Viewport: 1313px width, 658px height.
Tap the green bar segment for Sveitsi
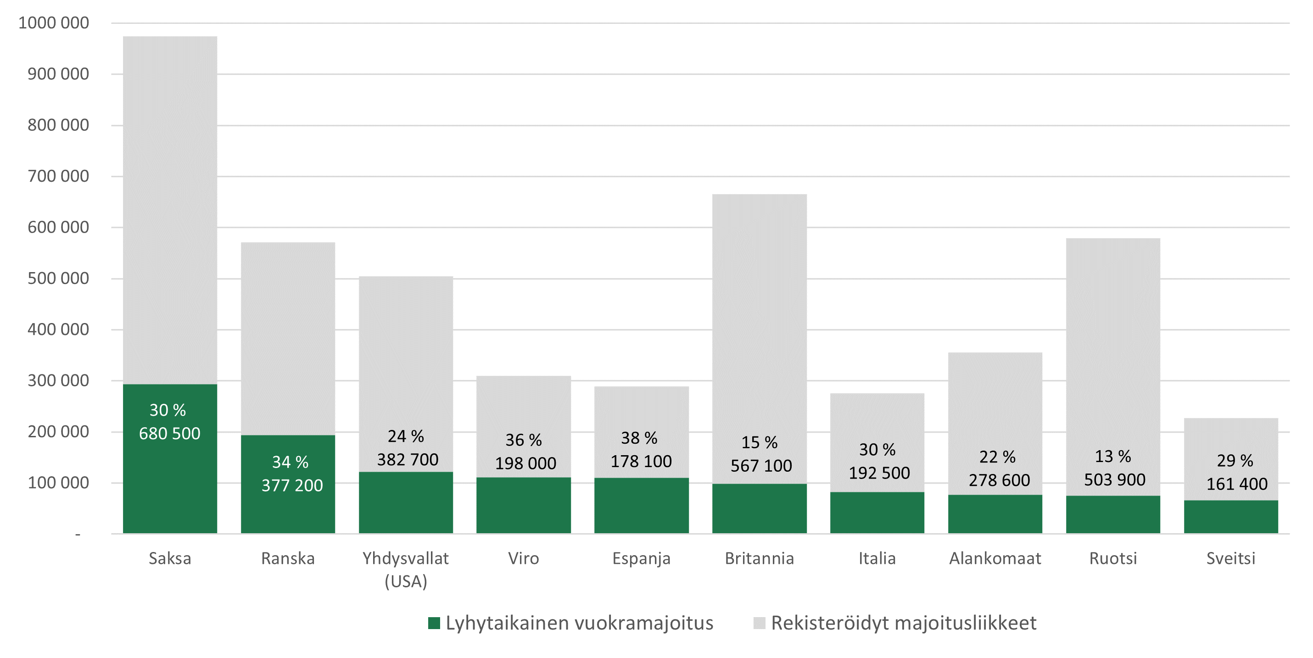[x=1230, y=517]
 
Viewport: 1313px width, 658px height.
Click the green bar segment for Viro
[x=524, y=506]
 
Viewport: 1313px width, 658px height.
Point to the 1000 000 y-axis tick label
[x=54, y=23]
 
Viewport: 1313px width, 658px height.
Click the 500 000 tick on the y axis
[x=58, y=278]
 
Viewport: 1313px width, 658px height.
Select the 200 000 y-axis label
[x=58, y=432]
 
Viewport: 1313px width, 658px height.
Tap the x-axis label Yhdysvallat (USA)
[x=406, y=569]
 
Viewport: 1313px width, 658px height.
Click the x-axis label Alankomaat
[x=995, y=558]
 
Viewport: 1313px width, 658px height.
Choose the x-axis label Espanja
[x=641, y=558]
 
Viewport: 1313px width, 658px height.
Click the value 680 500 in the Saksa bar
[x=170, y=434]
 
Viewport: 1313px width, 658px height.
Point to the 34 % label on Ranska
[x=290, y=462]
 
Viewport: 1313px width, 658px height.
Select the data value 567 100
[x=761, y=465]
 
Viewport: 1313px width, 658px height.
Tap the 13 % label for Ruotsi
[x=1113, y=456]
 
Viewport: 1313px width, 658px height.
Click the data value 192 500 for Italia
[x=879, y=473]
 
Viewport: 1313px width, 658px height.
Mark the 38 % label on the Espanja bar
[x=639, y=438]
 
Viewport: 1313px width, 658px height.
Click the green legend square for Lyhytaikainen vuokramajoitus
[x=434, y=623]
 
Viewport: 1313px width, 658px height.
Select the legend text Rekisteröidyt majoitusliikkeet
[x=904, y=623]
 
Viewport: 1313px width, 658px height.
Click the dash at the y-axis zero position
[x=78, y=535]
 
